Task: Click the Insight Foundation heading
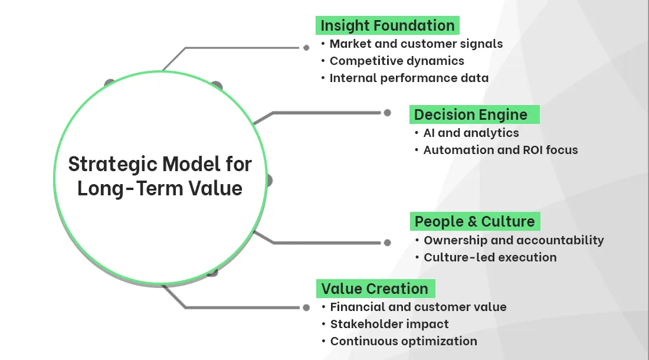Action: coord(387,26)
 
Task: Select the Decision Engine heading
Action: coord(470,114)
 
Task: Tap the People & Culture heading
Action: coord(474,221)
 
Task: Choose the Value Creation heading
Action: coord(375,289)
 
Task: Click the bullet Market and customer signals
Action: coord(416,44)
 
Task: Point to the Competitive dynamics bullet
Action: coord(396,61)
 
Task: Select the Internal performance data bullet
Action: coord(409,78)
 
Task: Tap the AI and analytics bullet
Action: coord(471,133)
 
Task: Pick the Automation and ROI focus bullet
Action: coord(500,150)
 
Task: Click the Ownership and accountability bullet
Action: coord(513,240)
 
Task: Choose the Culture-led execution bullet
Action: coord(490,257)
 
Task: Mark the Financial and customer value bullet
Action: coord(418,307)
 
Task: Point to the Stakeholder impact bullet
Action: coord(389,324)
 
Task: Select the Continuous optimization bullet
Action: coord(404,341)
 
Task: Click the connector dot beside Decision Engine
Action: coord(387,113)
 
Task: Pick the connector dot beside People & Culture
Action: coord(387,243)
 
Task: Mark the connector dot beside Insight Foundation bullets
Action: coord(306,47)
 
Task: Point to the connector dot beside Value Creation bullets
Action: coord(306,307)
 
